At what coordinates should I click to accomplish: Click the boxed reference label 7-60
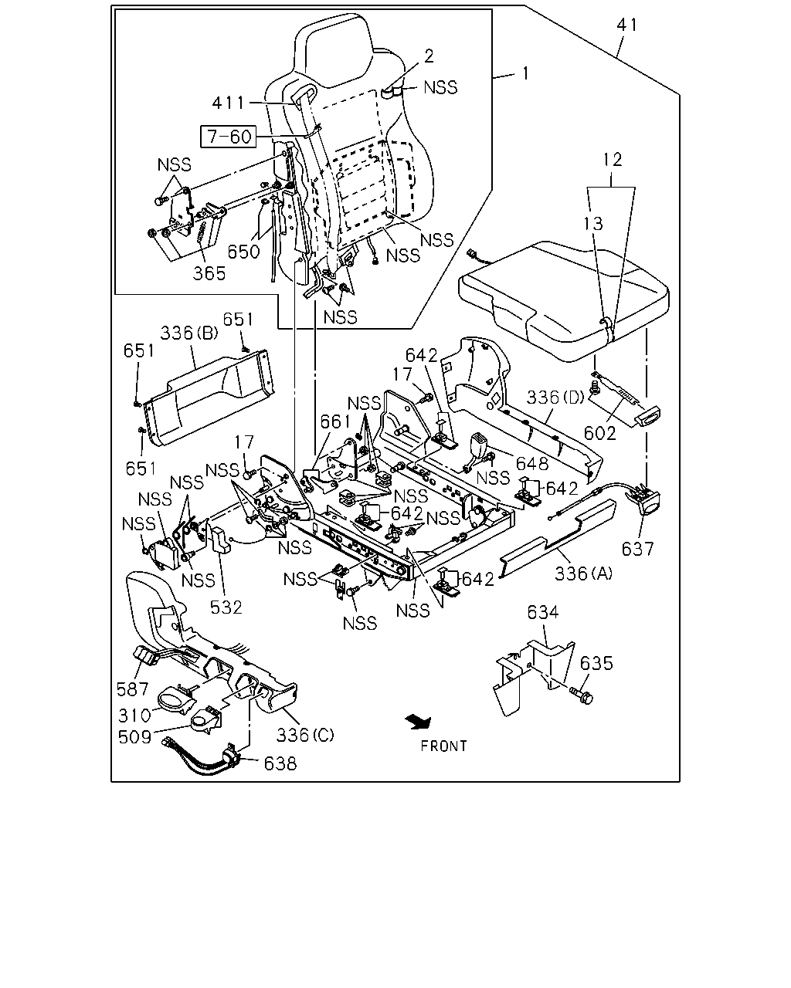pos(229,137)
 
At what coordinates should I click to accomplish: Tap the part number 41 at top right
pos(627,25)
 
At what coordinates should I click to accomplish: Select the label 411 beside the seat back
pos(229,103)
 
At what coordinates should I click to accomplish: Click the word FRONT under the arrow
pos(443,746)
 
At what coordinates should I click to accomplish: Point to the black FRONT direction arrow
pos(418,722)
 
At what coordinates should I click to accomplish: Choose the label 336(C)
pos(304,735)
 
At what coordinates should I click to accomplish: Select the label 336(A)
pos(583,573)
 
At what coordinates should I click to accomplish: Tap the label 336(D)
pos(555,397)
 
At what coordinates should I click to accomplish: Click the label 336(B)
pos(189,333)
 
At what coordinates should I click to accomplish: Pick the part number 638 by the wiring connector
pos(280,763)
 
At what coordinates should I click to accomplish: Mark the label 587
pos(132,689)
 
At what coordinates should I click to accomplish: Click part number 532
pos(226,607)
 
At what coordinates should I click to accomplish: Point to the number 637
pos(637,549)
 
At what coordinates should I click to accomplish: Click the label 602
pos(599,433)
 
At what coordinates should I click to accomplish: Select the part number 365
pos(209,273)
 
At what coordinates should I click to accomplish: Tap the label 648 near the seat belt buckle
pos(532,464)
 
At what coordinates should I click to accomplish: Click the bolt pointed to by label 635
pos(581,696)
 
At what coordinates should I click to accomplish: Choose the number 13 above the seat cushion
pos(593,224)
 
